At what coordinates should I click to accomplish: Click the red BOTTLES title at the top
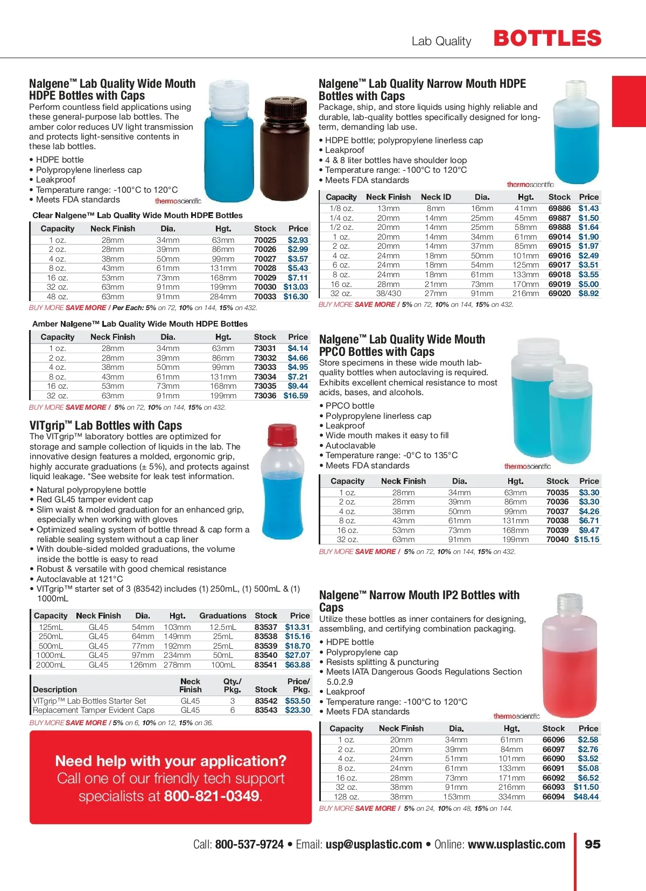tap(547, 39)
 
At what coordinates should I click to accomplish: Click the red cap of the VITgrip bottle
tap(282, 434)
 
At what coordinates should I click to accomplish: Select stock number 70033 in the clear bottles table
tap(265, 297)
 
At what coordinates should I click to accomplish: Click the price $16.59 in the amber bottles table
tap(296, 396)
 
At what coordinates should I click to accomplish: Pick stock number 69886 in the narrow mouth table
tap(559, 208)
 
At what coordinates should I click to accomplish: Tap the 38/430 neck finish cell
tap(388, 293)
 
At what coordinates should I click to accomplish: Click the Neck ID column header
tap(436, 197)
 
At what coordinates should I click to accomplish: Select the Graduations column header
tap(222, 615)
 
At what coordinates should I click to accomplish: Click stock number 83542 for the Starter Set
tap(266, 701)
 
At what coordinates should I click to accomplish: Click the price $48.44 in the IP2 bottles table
tap(586, 797)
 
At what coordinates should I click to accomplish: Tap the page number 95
tap(592, 844)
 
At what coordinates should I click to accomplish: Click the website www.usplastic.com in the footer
tap(516, 844)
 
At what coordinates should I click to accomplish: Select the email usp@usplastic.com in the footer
tap(374, 844)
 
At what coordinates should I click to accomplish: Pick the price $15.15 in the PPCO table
tap(586, 539)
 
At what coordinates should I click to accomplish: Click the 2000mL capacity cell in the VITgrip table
tap(51, 665)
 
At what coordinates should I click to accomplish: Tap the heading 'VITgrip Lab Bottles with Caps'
tap(106, 425)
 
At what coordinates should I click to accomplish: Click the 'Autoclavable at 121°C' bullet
tap(80, 579)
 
